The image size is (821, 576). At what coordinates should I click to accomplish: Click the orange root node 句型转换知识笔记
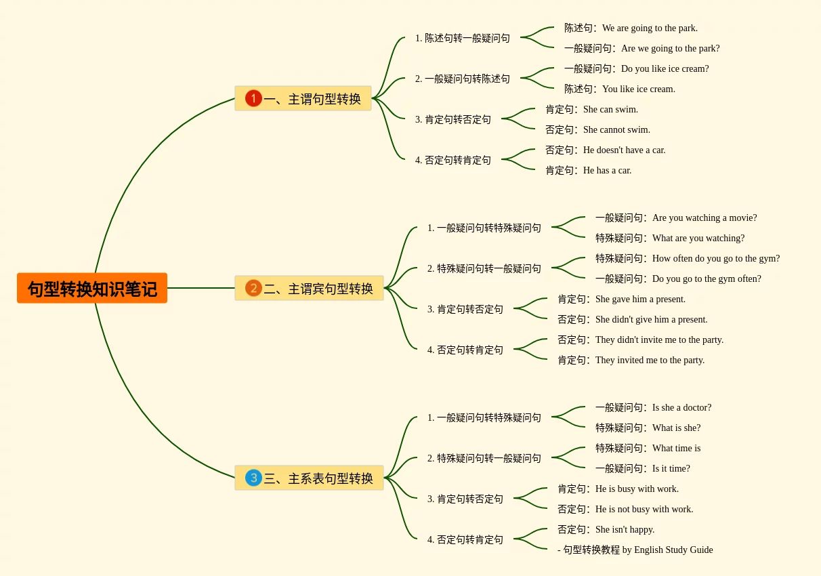tap(92, 288)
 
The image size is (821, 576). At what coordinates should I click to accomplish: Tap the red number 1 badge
tap(253, 98)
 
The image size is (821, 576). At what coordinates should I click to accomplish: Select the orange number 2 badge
tap(253, 288)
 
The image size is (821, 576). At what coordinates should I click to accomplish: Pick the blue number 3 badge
tap(253, 478)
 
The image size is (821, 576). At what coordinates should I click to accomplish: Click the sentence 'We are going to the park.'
tap(649, 28)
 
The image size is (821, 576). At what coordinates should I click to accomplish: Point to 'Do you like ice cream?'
tap(665, 68)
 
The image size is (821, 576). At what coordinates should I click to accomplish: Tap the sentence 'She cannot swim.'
tap(616, 129)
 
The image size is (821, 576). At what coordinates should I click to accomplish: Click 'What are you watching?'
tap(698, 238)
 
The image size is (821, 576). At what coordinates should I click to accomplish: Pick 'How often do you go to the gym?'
tap(715, 258)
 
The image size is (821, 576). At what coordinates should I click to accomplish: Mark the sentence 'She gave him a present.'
tap(639, 299)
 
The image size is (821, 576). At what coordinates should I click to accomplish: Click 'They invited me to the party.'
tap(649, 360)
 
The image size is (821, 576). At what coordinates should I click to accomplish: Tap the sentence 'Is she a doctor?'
tap(681, 407)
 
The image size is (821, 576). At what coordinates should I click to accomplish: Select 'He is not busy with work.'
tap(644, 509)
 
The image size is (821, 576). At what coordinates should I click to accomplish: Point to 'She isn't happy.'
tap(625, 529)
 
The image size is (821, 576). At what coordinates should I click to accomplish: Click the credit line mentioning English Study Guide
tap(635, 550)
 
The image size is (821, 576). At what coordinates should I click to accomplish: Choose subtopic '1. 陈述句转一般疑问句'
tap(463, 38)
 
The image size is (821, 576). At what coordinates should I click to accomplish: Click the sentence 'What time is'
tap(676, 448)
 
